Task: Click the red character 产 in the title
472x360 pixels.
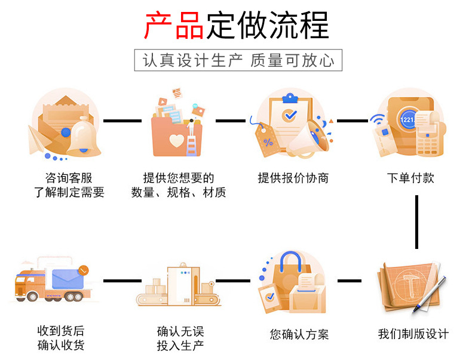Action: point(158,25)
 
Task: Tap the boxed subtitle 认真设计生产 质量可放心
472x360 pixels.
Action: point(238,60)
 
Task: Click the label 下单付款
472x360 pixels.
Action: point(410,178)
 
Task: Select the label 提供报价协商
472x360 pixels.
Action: point(293,178)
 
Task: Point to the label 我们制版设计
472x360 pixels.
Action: point(413,334)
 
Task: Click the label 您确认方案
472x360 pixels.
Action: point(299,334)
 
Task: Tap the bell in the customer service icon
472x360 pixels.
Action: point(84,137)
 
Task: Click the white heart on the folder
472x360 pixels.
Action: point(177,140)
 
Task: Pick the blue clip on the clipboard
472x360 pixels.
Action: point(290,98)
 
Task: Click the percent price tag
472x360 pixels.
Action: point(266,140)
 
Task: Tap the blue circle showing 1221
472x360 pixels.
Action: point(407,119)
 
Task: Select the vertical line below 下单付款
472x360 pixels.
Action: point(416,222)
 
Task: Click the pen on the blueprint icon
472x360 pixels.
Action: point(430,294)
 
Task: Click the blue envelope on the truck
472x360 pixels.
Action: point(68,279)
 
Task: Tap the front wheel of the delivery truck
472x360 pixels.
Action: point(32,297)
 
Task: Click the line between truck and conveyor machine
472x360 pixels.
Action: point(122,281)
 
